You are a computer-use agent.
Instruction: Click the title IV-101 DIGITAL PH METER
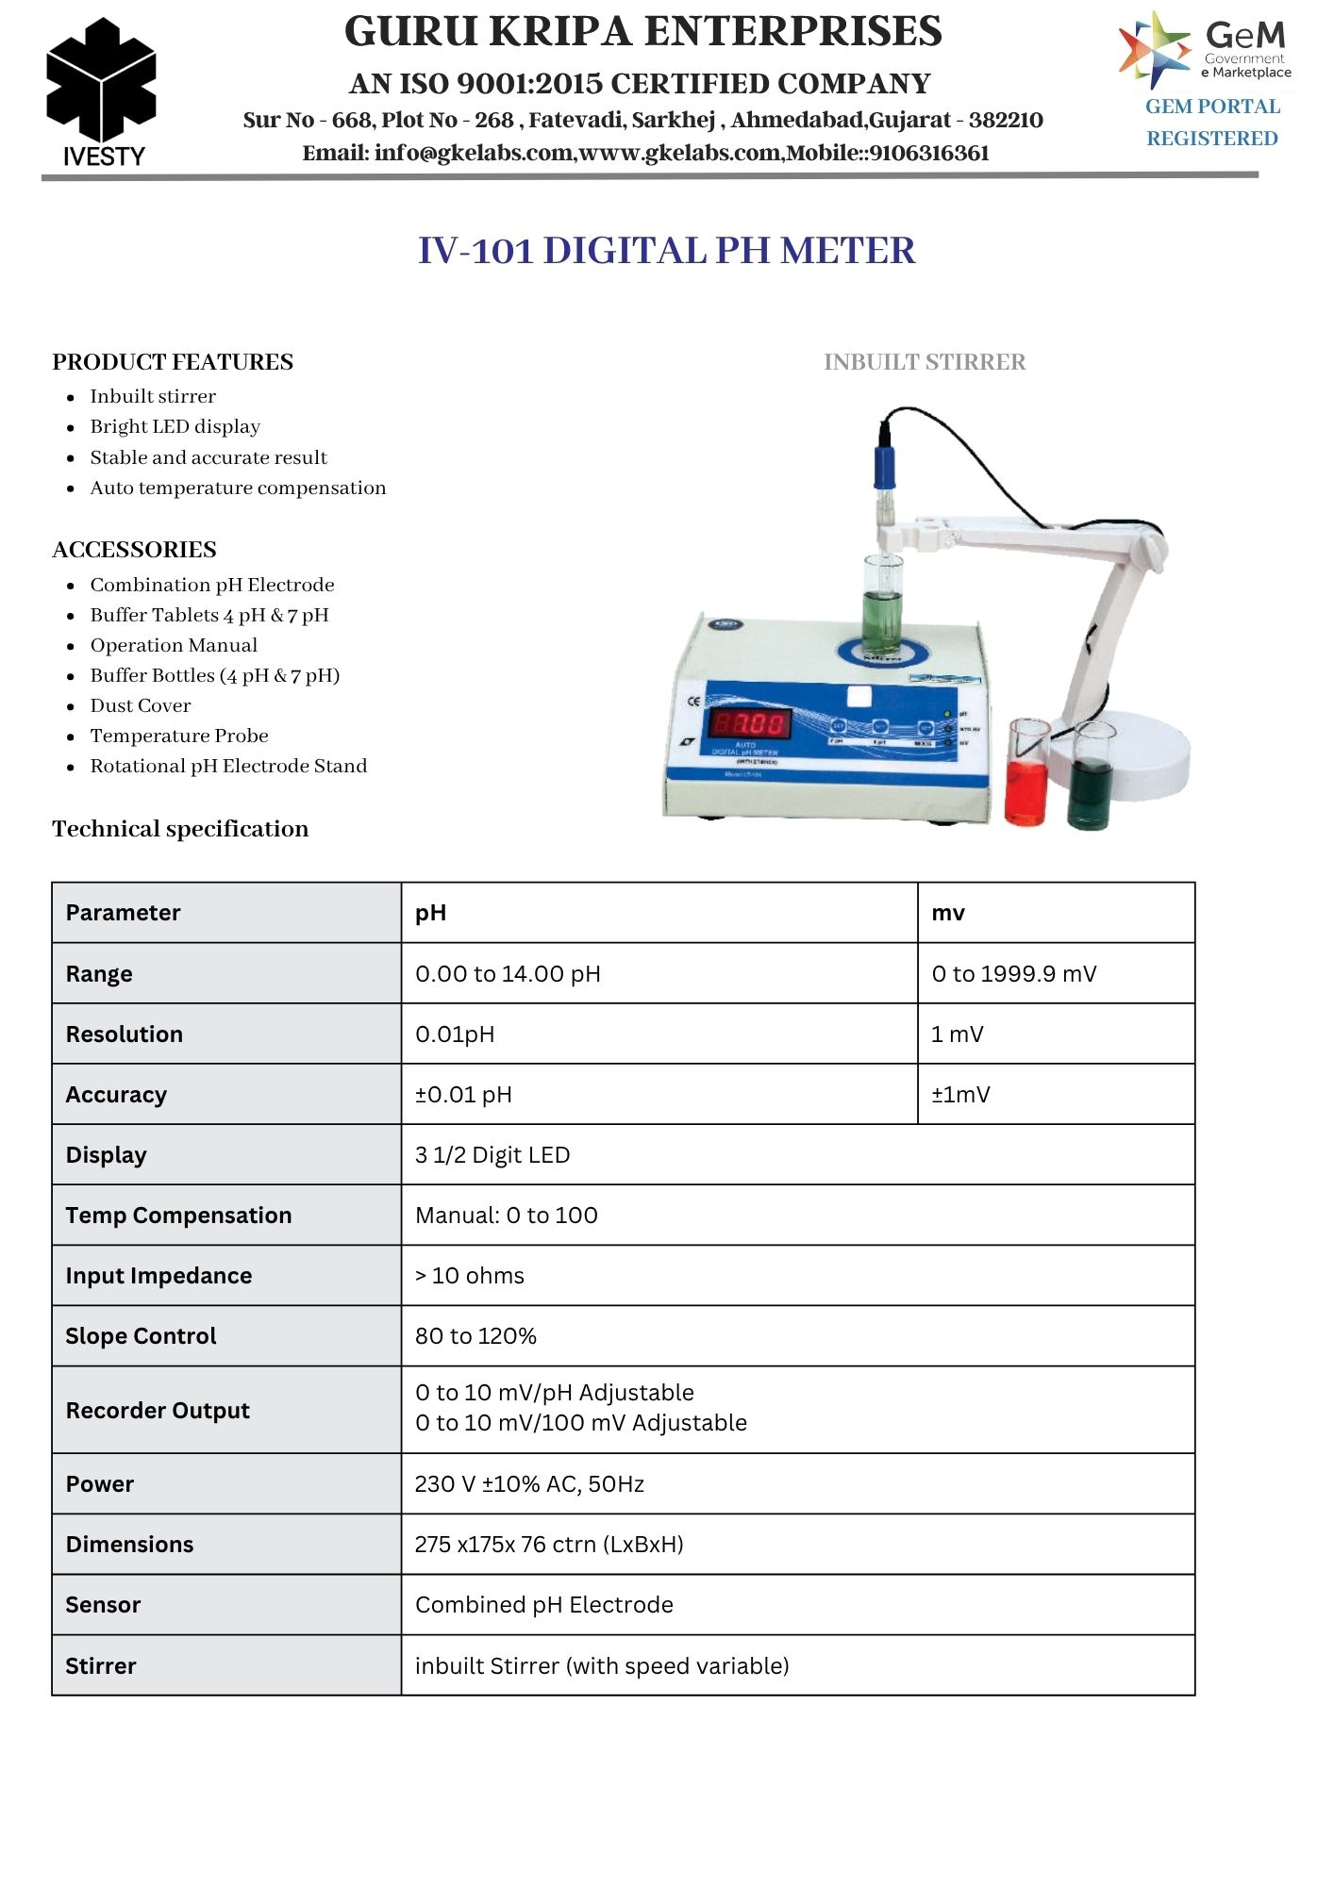pyautogui.click(x=666, y=251)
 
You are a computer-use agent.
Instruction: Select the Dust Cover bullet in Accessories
pyautogui.click(x=141, y=705)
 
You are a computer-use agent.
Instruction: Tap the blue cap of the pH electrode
pyautogui.click(x=884, y=467)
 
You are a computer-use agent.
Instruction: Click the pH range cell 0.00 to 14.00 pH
pyautogui.click(x=508, y=973)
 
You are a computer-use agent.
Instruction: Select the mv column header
pyautogui.click(x=948, y=913)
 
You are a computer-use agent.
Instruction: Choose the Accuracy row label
pyautogui.click(x=116, y=1094)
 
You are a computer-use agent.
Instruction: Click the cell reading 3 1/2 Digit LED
pyautogui.click(x=492, y=1154)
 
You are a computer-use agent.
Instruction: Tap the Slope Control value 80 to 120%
pyautogui.click(x=475, y=1335)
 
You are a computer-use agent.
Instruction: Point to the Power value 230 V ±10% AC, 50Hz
pyautogui.click(x=529, y=1483)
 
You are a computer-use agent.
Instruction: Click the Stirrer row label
pyautogui.click(x=101, y=1665)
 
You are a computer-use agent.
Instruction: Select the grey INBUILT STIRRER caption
pyautogui.click(x=924, y=362)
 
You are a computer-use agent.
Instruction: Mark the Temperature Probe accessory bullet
pyautogui.click(x=179, y=736)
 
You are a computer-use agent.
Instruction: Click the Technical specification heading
pyautogui.click(x=180, y=829)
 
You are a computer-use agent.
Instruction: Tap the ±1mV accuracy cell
pyautogui.click(x=960, y=1094)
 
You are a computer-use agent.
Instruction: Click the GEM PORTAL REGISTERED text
pyautogui.click(x=1212, y=123)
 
